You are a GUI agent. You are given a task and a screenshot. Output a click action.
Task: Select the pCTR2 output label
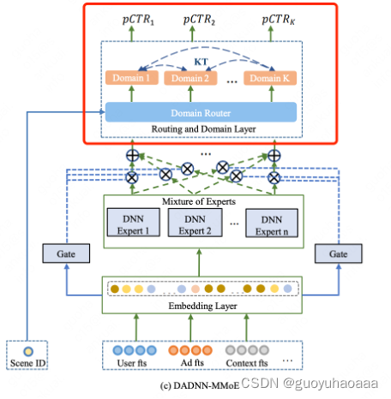197,18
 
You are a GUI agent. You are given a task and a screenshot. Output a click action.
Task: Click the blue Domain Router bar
200,112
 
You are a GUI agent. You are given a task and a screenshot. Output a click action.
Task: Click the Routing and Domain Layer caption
199,129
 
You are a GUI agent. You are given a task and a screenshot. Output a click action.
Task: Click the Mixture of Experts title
200,203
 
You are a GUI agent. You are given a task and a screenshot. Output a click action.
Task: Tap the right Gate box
337,254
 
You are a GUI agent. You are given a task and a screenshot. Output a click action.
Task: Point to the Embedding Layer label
200,306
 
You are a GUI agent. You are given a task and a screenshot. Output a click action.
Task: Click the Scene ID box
27,356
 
